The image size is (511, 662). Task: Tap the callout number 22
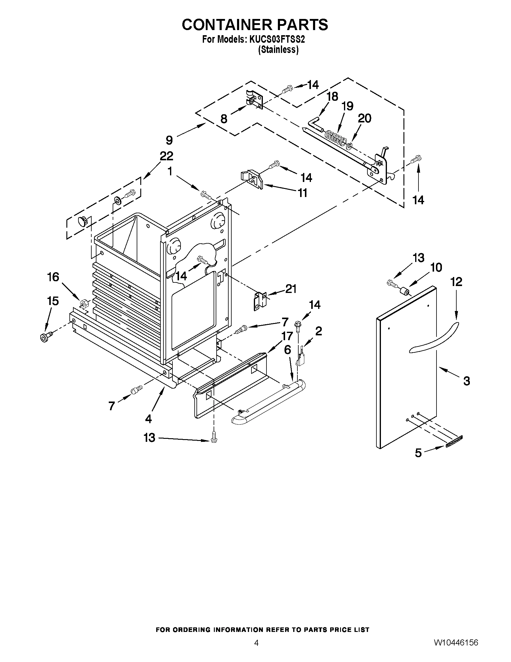tap(166, 156)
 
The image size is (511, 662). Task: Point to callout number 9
tap(169, 140)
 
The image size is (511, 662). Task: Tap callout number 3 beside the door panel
tap(467, 381)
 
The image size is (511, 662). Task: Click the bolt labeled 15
tap(46, 337)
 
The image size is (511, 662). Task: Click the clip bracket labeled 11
tap(252, 180)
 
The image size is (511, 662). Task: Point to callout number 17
tap(287, 336)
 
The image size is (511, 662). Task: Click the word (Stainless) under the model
tap(278, 50)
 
